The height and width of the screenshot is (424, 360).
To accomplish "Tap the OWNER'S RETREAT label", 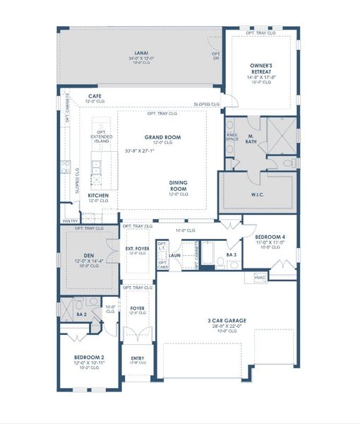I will click(x=260, y=68).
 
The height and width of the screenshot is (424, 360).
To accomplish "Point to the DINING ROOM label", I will click(x=178, y=185).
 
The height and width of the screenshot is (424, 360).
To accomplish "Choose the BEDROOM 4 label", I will click(x=269, y=238).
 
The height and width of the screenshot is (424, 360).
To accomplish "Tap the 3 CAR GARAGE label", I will click(x=227, y=321).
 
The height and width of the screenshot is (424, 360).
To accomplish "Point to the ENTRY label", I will click(x=138, y=358).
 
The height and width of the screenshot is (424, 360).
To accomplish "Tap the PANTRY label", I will click(x=70, y=221).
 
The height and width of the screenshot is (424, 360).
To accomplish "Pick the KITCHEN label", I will click(x=98, y=196).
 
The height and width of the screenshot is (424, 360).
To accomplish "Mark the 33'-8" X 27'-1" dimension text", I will click(x=140, y=151).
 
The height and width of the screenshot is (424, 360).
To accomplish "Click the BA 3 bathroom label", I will click(x=231, y=254).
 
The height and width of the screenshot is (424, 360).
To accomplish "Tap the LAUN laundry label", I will click(x=176, y=254).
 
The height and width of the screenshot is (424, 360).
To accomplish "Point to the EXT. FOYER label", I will click(x=138, y=249).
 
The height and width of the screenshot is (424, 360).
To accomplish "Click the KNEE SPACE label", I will click(x=232, y=136).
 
